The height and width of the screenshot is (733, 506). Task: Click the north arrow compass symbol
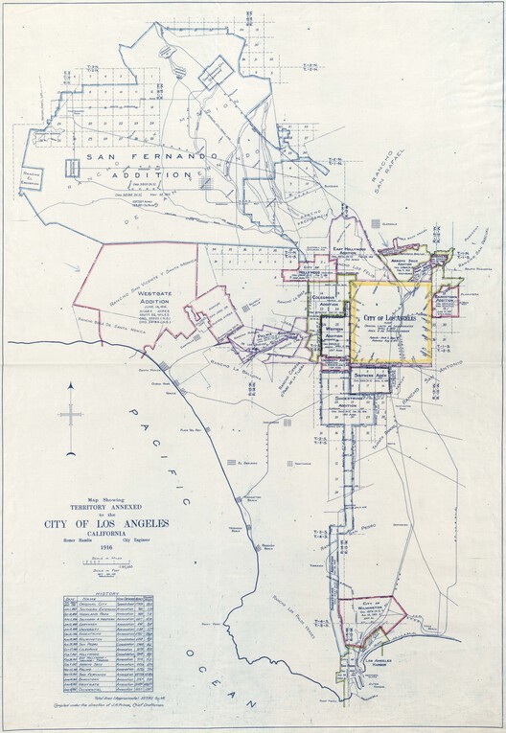click(71, 413)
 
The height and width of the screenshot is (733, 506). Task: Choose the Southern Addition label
click(365, 373)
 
